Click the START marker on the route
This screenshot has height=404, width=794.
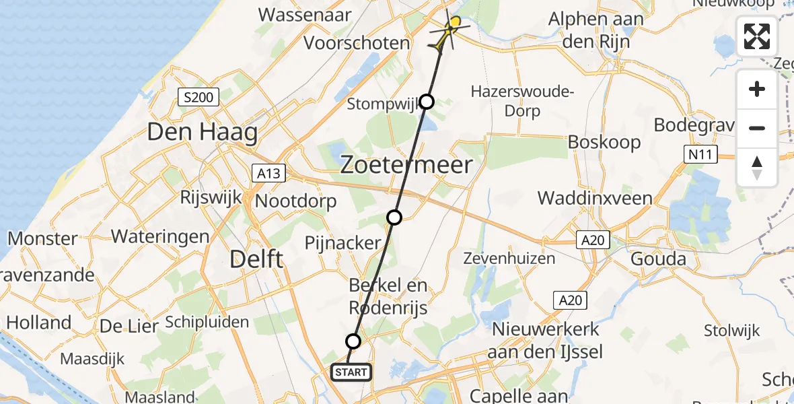pyautogui.click(x=351, y=372)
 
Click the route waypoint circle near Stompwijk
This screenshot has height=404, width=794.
pyautogui.click(x=427, y=102)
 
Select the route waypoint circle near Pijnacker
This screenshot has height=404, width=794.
pyautogui.click(x=394, y=217)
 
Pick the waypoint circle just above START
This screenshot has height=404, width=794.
pyautogui.click(x=353, y=341)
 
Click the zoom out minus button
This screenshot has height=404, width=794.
pyautogui.click(x=757, y=128)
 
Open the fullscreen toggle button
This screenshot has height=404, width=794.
pyautogui.click(x=757, y=36)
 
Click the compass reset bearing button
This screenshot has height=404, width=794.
pyautogui.click(x=757, y=167)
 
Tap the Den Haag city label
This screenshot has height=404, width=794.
pyautogui.click(x=202, y=132)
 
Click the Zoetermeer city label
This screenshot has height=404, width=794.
pyautogui.click(x=406, y=165)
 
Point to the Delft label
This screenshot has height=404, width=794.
pyautogui.click(x=257, y=259)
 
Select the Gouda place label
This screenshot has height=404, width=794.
pyautogui.click(x=658, y=259)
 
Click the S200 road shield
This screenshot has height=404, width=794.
pyautogui.click(x=199, y=98)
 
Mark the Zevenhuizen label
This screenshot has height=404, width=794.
pyautogui.click(x=510, y=258)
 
